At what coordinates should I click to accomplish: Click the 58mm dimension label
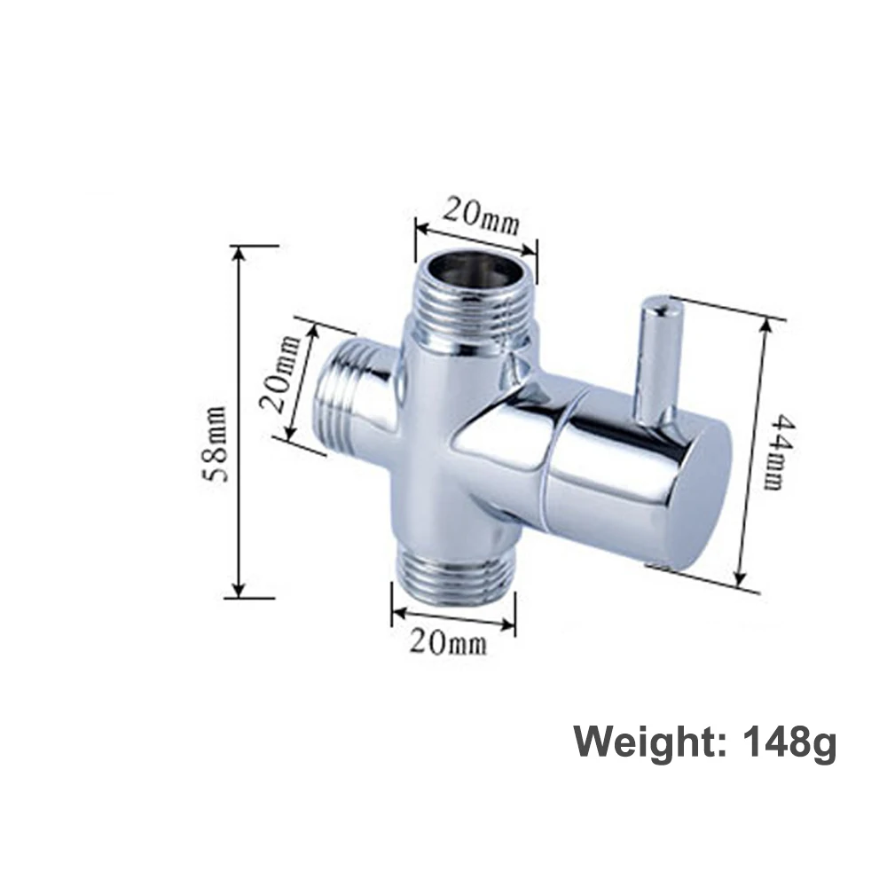(x=216, y=444)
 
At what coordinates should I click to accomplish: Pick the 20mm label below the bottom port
(x=448, y=643)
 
